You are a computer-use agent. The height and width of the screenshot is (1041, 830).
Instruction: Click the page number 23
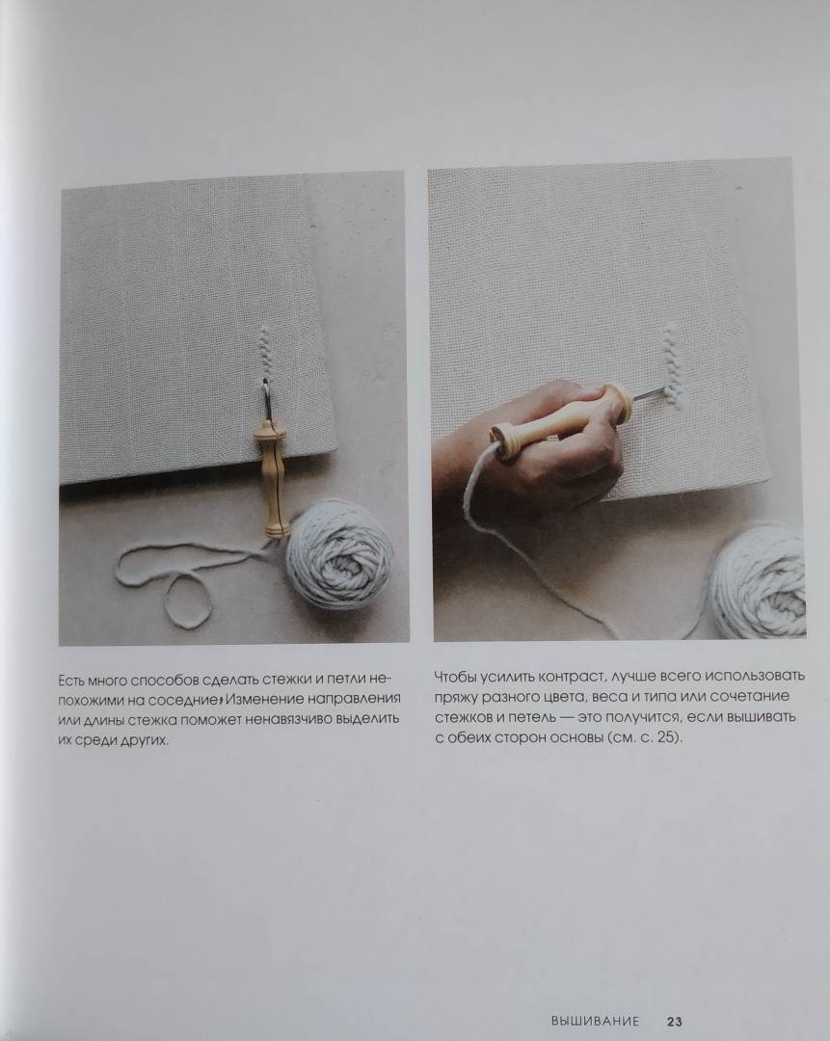click(675, 1021)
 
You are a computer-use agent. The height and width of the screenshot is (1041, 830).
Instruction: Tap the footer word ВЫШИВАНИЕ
click(595, 1021)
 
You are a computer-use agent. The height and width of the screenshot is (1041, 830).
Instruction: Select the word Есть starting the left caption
click(71, 681)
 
